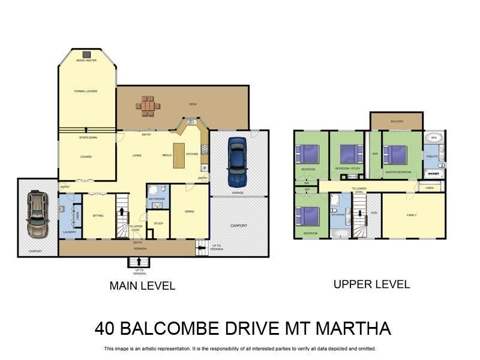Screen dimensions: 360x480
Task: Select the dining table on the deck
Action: coord(148,106)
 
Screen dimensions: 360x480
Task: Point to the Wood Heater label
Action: coord(86,61)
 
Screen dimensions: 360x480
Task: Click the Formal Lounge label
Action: coord(86,91)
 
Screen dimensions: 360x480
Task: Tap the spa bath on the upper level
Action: coord(435,138)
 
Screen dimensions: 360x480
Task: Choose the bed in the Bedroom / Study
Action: coord(351,154)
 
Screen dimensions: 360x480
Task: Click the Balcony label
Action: coord(397,122)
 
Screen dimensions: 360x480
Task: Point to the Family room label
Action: coord(412,215)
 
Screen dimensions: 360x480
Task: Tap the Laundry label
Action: coord(68,232)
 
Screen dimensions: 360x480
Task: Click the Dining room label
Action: coord(189,211)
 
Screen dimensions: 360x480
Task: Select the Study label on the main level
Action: coord(158,223)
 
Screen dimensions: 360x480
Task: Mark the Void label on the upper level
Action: coord(374,213)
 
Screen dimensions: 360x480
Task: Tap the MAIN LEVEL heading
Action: coord(142,286)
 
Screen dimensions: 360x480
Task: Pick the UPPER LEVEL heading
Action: coord(371,284)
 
